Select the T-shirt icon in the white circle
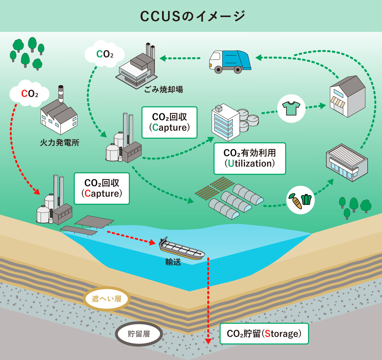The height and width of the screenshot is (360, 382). coord(291,108)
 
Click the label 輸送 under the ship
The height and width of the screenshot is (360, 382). coord(173,262)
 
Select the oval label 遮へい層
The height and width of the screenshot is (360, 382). coord(106,299)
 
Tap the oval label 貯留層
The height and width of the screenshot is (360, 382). coord(139,334)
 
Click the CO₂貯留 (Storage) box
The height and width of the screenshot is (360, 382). coord(264,334)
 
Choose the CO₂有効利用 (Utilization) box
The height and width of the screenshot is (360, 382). coord(250,158)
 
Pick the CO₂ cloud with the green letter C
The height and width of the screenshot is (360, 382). coord(104,54)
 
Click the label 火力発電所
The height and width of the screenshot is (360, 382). coord(60,143)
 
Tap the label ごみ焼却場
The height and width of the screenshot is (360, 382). coord(164,90)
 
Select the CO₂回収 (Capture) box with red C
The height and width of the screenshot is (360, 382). coord(102,188)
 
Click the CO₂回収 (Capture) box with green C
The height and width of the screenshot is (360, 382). coord(169,122)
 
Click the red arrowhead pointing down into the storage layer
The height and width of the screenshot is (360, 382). coord(208,341)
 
